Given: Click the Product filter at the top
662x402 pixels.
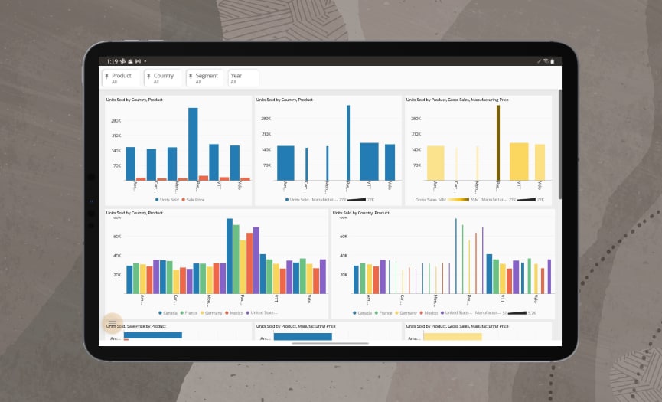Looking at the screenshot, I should (x=122, y=78).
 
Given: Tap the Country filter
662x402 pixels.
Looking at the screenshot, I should (x=163, y=78).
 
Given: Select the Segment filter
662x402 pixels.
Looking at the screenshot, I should (x=205, y=78).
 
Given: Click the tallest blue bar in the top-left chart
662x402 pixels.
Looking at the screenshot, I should (x=193, y=143).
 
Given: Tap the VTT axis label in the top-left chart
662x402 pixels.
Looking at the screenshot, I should (x=219, y=185).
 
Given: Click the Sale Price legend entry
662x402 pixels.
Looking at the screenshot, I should (x=194, y=199).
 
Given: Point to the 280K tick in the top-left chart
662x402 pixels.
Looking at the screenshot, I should (x=116, y=121).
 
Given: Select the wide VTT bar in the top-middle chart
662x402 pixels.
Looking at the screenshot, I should (x=369, y=161).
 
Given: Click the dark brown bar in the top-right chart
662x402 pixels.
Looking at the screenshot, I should (x=497, y=142).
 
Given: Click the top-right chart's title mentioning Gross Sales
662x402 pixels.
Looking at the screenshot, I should (x=457, y=100).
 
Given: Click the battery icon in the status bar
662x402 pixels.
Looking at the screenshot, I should (x=552, y=60).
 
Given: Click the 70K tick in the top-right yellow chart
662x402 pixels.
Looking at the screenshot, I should (x=416, y=165).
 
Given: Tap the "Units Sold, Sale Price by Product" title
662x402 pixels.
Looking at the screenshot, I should (x=136, y=326).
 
